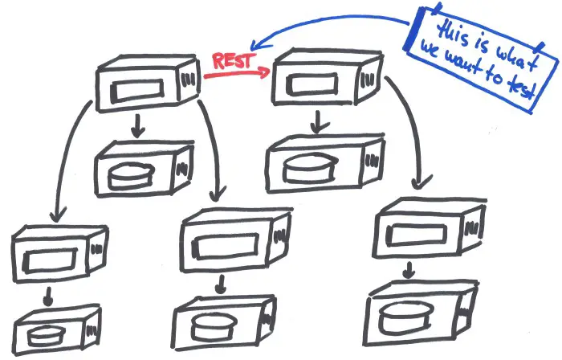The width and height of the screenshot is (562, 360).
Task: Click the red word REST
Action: pos(234,60)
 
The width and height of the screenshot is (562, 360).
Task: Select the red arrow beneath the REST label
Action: pos(237,73)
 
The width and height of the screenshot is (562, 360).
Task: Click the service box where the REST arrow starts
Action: pos(148,83)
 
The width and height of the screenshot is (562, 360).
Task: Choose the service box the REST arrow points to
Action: pos(327,76)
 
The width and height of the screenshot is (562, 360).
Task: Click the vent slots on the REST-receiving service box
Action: pos(369,80)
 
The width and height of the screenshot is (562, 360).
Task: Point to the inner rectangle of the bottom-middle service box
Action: pos(226,246)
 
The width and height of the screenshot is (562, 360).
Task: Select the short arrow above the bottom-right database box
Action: pos(409,270)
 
